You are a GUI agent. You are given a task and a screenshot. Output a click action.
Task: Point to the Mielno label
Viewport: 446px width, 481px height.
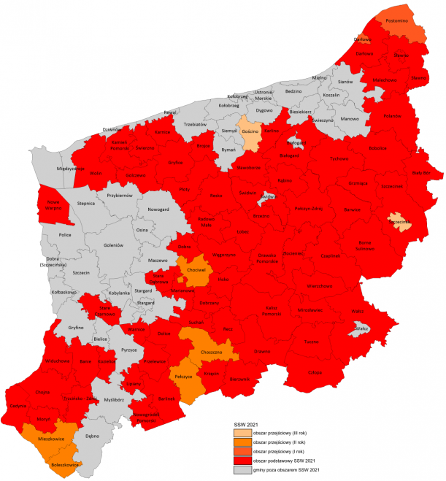[319, 77]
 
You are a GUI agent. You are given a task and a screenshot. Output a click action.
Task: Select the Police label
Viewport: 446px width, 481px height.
[64, 236]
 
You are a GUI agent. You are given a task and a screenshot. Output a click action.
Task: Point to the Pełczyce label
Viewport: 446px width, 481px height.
[182, 377]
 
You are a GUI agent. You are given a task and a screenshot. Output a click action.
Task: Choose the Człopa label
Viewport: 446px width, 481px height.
[315, 372]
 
